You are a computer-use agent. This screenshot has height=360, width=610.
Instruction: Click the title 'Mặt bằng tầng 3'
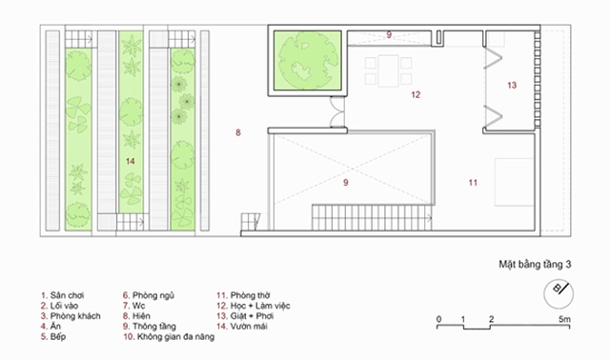click(x=535, y=265)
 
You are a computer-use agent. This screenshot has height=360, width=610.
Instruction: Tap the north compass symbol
click(x=559, y=294)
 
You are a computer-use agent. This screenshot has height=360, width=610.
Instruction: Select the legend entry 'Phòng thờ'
click(x=244, y=295)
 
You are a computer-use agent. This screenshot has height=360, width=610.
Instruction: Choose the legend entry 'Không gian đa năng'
click(x=169, y=337)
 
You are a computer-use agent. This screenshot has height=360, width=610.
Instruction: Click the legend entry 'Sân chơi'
click(x=63, y=295)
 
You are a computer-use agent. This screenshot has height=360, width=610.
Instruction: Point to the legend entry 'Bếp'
click(x=53, y=337)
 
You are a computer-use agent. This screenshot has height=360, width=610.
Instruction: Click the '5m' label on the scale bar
click(x=564, y=319)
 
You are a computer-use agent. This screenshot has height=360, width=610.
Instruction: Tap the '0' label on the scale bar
click(x=438, y=319)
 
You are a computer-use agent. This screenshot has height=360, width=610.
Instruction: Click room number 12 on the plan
click(x=416, y=94)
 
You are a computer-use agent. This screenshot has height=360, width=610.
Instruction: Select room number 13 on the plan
click(x=512, y=85)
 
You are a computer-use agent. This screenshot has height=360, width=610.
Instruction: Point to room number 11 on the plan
click(x=473, y=182)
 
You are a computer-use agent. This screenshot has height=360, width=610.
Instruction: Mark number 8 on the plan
click(x=238, y=132)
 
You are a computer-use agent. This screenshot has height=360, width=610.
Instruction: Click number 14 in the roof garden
click(x=131, y=161)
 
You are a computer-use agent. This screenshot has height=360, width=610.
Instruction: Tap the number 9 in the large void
click(x=346, y=182)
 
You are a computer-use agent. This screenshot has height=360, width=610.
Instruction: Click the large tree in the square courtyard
click(x=307, y=60)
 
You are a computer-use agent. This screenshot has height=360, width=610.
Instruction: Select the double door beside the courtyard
click(x=336, y=112)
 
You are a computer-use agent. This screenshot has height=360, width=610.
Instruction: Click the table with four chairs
click(x=388, y=71)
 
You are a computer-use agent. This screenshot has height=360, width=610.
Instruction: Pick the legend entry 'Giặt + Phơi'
click(x=245, y=316)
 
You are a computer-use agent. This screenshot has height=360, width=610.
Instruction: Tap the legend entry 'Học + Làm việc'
click(x=254, y=306)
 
